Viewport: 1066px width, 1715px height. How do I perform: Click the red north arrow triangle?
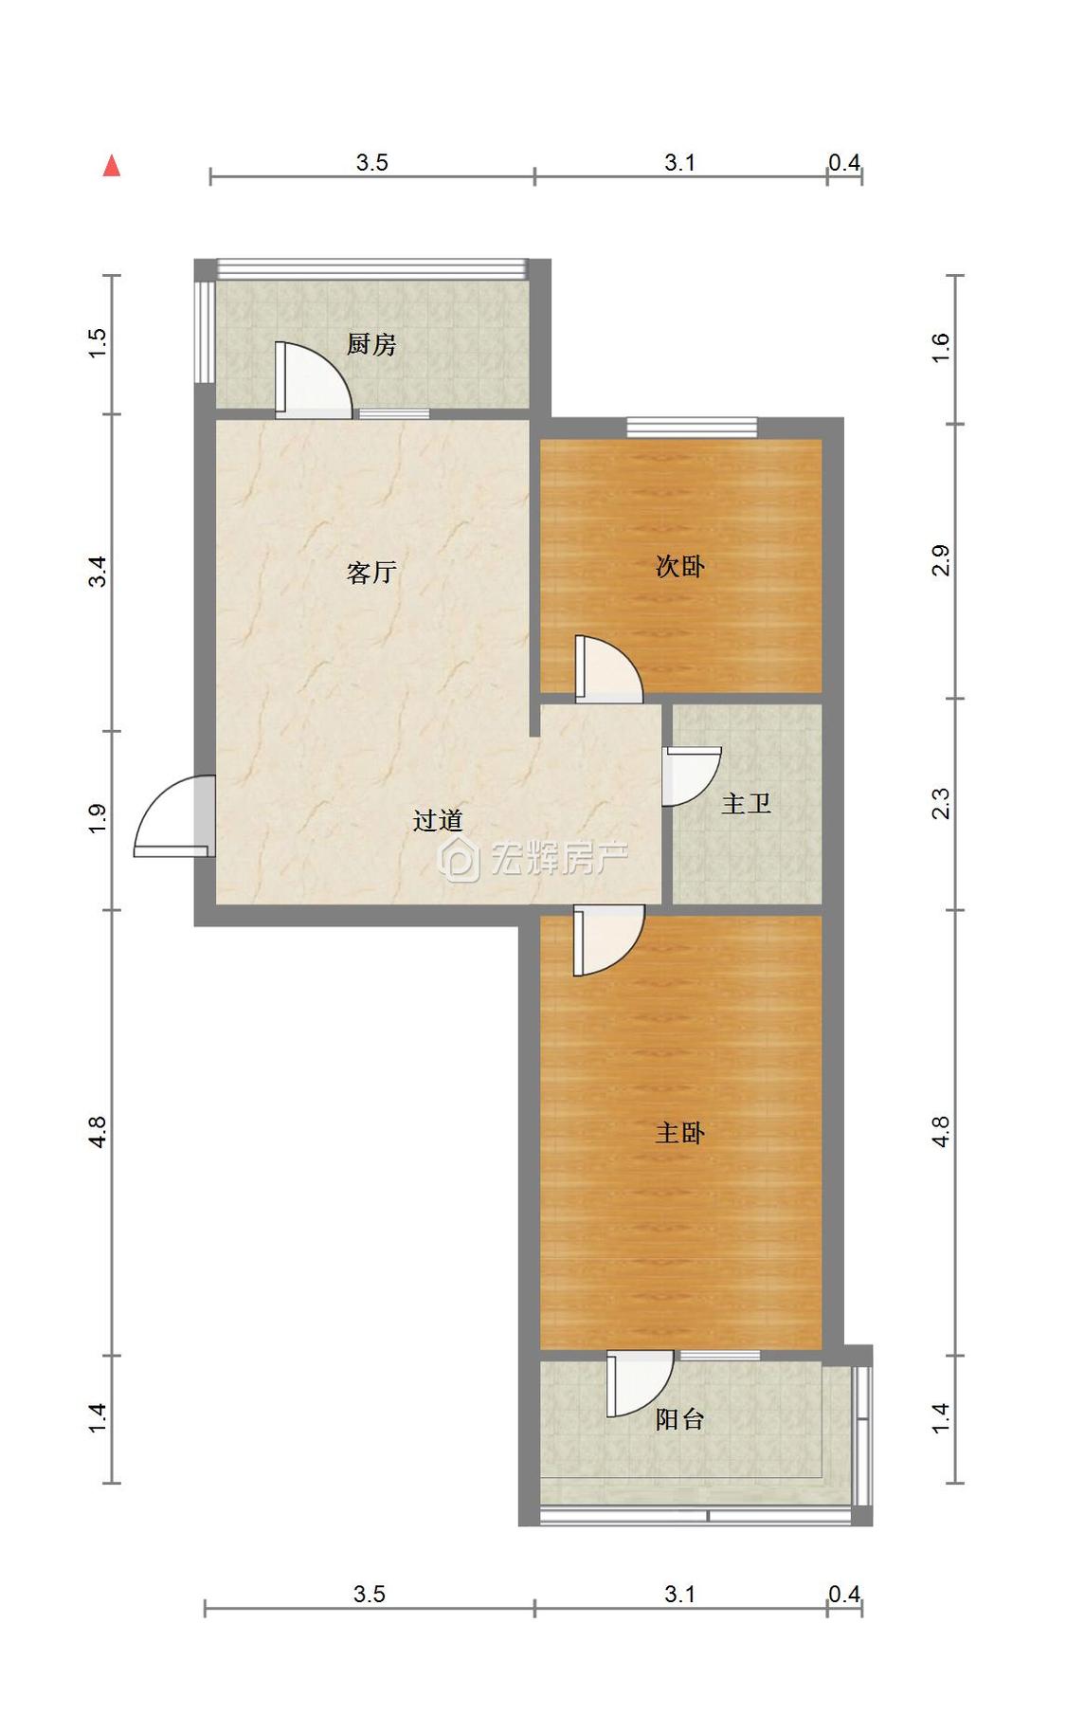112,166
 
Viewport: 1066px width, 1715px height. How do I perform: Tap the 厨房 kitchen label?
370,344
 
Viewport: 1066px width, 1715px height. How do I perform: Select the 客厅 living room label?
370,572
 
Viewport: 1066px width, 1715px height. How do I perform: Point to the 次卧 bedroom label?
679,566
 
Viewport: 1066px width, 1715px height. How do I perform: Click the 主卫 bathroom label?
746,804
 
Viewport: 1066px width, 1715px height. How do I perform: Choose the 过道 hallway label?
438,820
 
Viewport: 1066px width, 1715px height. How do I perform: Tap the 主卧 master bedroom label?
679,1132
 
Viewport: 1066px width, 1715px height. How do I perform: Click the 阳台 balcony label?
679,1418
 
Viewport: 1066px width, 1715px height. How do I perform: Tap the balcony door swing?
639,1382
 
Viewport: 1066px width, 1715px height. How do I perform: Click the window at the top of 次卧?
692,427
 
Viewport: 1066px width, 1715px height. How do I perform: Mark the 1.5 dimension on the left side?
98,342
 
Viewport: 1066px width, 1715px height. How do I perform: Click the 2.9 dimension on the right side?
940,560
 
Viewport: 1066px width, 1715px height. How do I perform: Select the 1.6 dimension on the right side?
940,347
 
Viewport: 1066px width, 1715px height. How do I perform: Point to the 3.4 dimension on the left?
98,572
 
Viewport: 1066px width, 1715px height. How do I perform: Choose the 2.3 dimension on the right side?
940,804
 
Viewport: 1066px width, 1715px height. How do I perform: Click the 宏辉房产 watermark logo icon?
461,860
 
